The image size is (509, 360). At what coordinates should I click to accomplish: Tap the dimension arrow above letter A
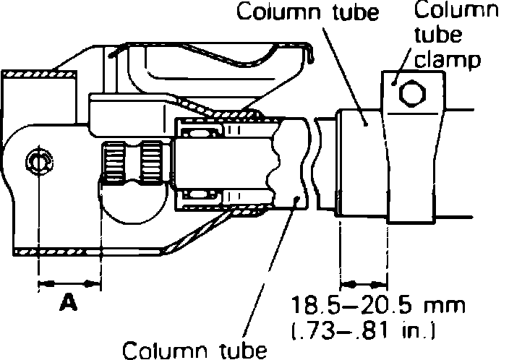pos(68,281)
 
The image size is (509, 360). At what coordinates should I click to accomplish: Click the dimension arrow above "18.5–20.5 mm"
pos(364,281)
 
